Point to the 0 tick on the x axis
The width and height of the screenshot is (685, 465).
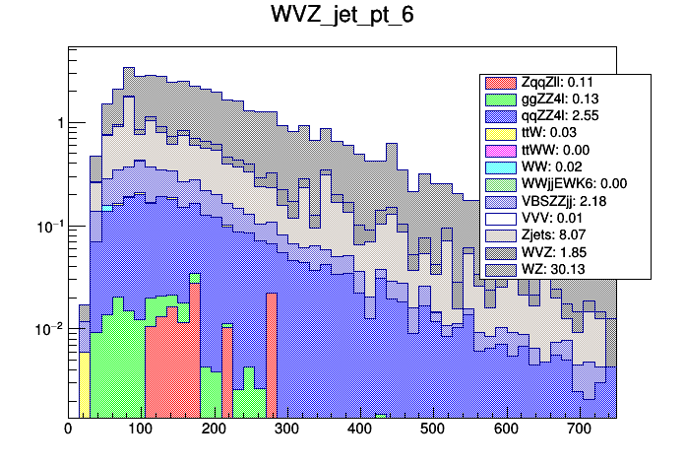[x=68, y=429]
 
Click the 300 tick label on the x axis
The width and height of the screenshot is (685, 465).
[x=286, y=429]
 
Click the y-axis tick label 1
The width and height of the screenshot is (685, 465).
[x=58, y=123]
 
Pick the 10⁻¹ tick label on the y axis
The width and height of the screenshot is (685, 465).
[x=48, y=226]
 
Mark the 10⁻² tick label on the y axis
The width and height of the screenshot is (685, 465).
[x=48, y=328]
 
